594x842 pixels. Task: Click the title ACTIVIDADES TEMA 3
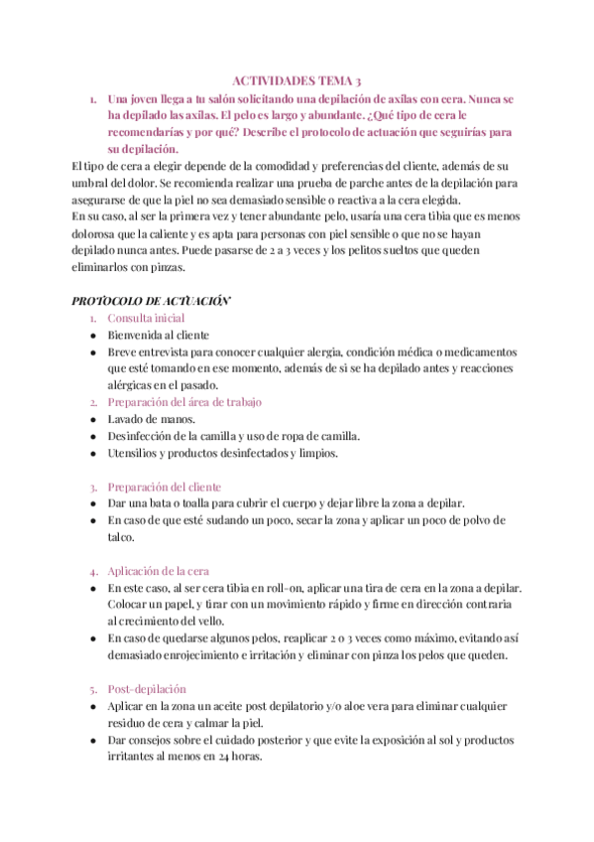tap(297, 81)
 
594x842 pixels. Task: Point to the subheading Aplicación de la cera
tap(158, 571)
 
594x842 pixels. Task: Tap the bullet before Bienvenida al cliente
tap(92, 336)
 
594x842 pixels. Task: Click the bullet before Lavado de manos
tap(92, 420)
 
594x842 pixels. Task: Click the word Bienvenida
tap(138, 336)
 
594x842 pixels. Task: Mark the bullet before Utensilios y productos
tap(92, 454)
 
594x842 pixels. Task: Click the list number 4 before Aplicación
tap(92, 571)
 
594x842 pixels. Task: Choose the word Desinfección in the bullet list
tap(145, 437)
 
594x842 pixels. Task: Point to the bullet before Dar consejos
tap(92, 740)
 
